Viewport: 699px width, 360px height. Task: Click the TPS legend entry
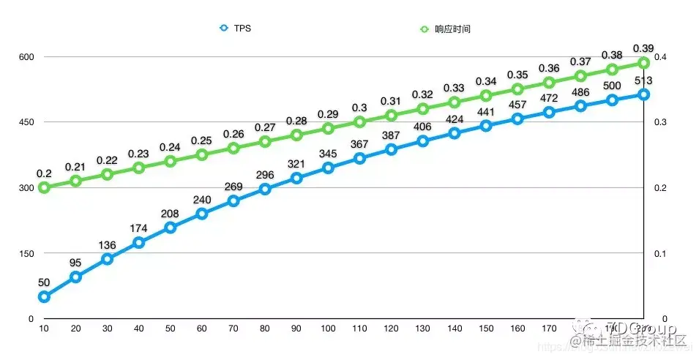tap(236, 29)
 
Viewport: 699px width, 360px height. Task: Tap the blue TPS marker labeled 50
tap(44, 296)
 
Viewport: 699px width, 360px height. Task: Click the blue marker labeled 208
tap(171, 228)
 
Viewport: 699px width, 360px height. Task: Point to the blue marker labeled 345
tap(328, 168)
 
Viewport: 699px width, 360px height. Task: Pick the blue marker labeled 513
tap(643, 94)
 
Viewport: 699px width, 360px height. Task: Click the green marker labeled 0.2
tap(44, 187)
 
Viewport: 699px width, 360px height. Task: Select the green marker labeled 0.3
tap(359, 121)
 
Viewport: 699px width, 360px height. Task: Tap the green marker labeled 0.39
tap(643, 63)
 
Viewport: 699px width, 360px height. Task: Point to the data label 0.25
tap(201, 140)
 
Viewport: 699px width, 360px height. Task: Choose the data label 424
tap(455, 119)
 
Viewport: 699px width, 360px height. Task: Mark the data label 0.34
tap(486, 81)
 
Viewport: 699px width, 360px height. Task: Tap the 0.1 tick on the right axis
tap(659, 253)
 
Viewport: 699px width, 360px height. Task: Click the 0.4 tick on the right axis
tap(659, 57)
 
